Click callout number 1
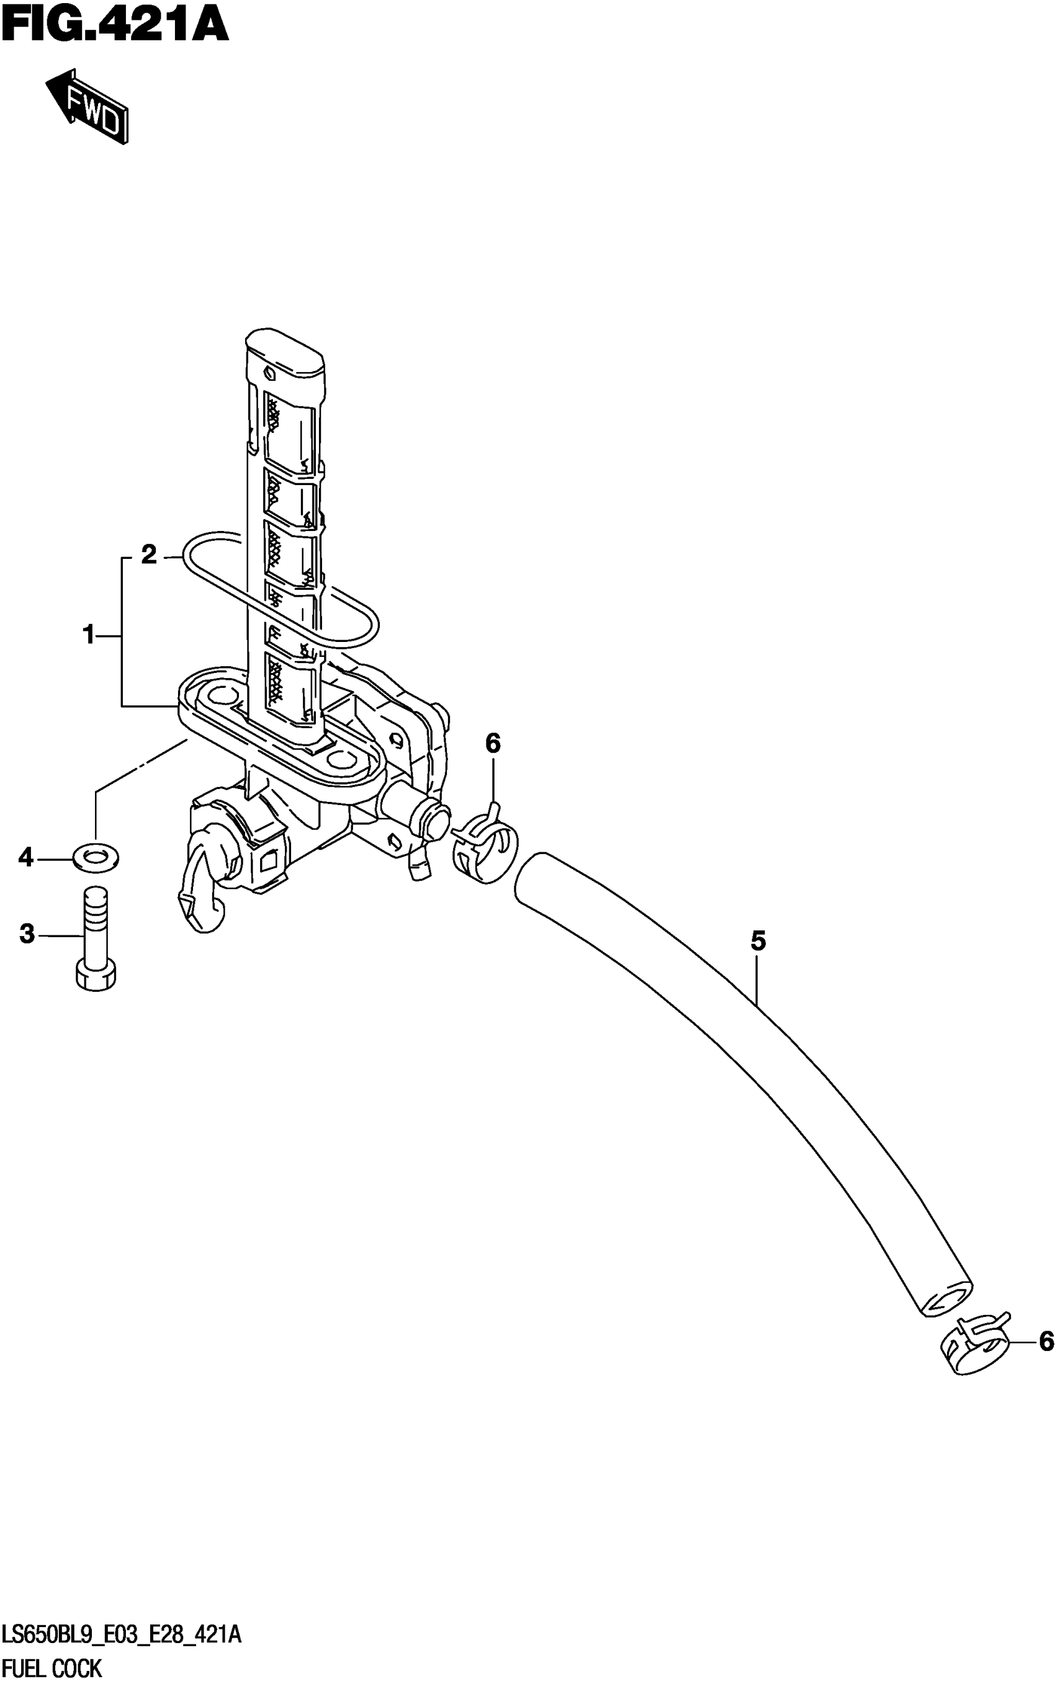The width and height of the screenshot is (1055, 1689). point(89,635)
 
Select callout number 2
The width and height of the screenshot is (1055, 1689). point(148,555)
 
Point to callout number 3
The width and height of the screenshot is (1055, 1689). point(27,933)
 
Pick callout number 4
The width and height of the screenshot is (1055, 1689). point(26,857)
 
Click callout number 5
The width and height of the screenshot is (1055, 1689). point(758,941)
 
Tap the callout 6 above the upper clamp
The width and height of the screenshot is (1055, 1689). point(493,744)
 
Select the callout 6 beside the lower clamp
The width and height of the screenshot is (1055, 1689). point(1045,1340)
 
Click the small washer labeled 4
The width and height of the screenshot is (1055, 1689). point(96,858)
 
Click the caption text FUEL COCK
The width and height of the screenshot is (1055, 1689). point(52,1669)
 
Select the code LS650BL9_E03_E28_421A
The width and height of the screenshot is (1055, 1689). point(122,1633)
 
